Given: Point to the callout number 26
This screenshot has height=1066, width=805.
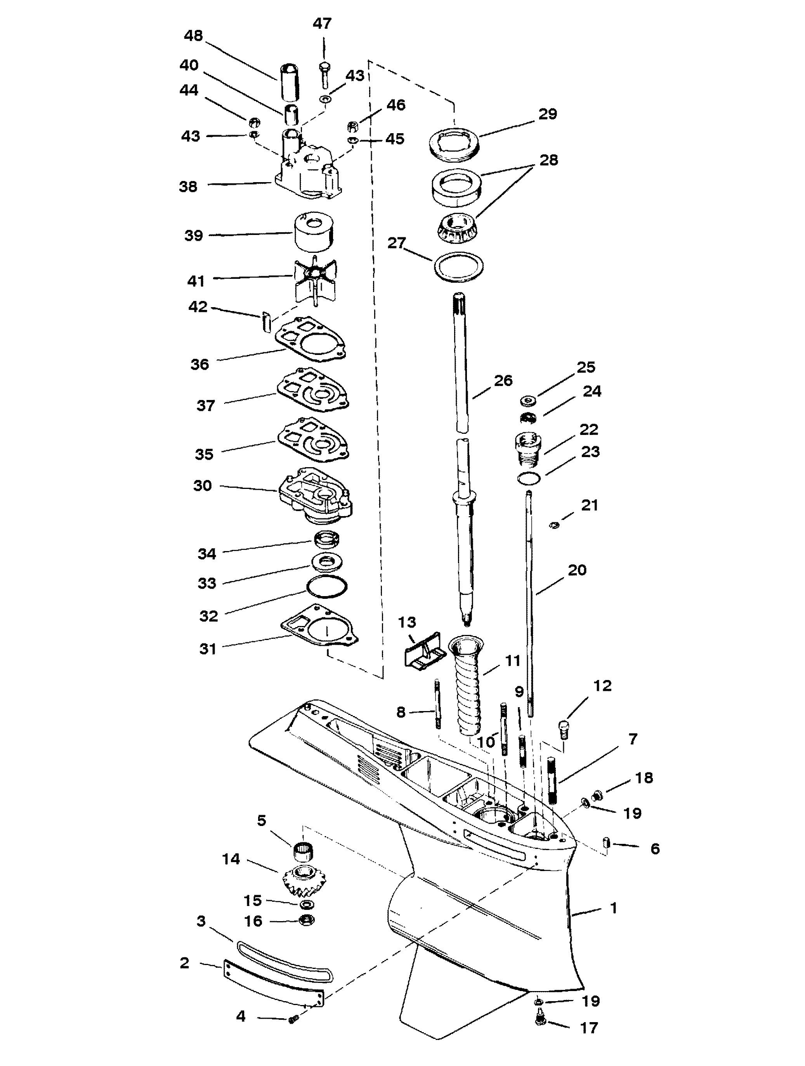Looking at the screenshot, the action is pyautogui.click(x=503, y=381).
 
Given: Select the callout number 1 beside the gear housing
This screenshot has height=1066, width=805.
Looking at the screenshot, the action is pyautogui.click(x=613, y=908).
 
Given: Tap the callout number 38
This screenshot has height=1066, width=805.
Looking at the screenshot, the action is pyautogui.click(x=188, y=186).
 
